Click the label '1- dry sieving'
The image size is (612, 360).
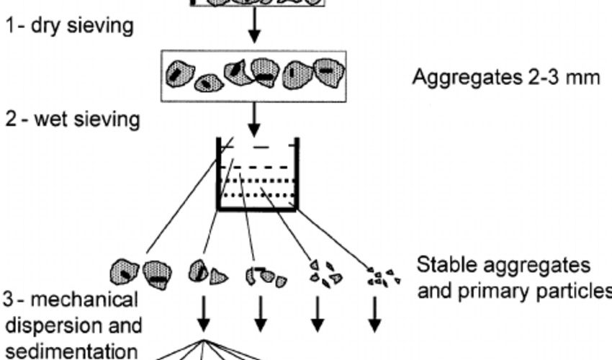pyautogui.click(x=69, y=27)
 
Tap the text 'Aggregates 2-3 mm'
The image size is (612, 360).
pyautogui.click(x=505, y=77)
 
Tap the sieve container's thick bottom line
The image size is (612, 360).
pyautogui.click(x=257, y=210)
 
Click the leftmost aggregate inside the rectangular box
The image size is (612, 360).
pyautogui.click(x=180, y=73)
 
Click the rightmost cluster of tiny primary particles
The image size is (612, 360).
pyautogui.click(x=379, y=276)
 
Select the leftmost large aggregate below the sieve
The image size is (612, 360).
pyautogui.click(x=125, y=273)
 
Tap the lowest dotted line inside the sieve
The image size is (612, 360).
pyautogui.click(x=256, y=194)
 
